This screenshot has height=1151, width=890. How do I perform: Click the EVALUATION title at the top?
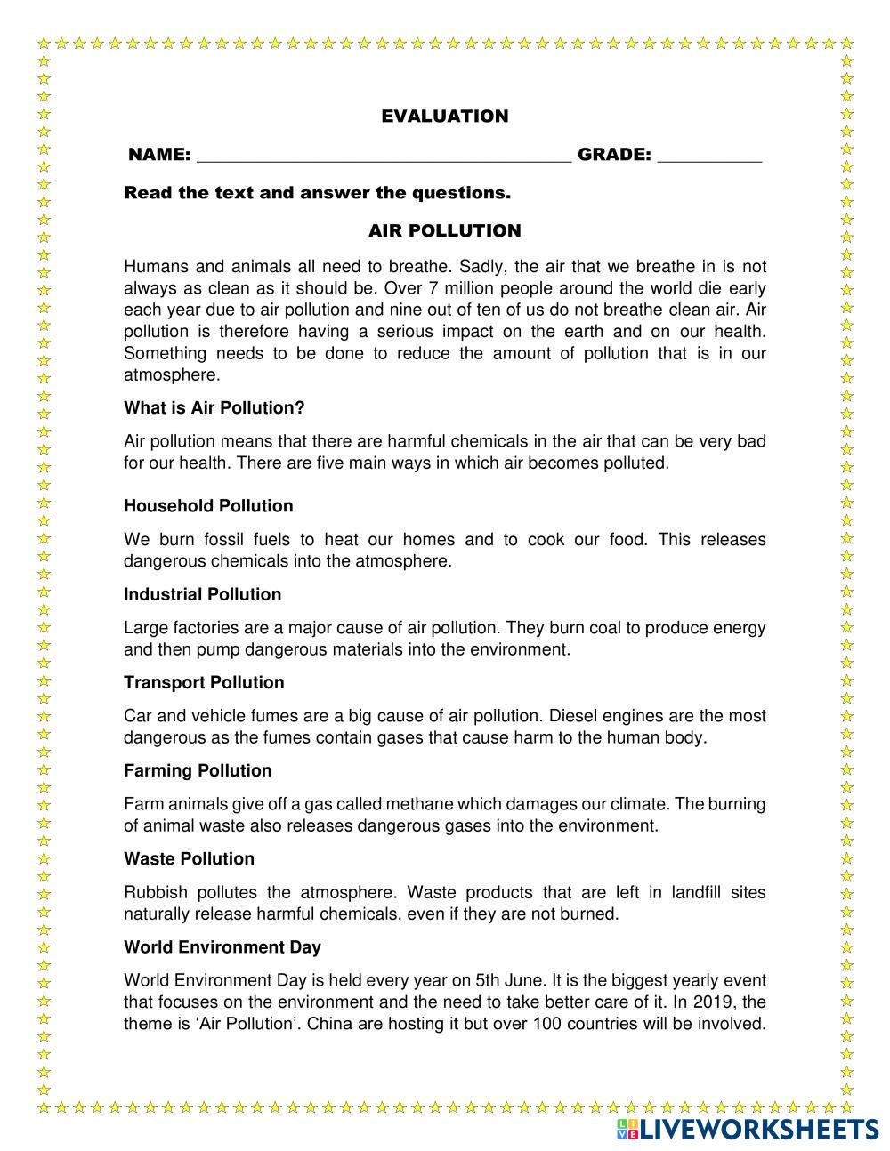pos(445,117)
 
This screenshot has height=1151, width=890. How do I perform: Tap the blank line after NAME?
pos(383,157)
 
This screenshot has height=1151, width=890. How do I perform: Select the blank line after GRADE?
pos(709,157)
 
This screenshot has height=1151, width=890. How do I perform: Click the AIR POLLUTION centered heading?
pos(445,231)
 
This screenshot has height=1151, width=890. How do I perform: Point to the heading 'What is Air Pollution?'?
pos(214,408)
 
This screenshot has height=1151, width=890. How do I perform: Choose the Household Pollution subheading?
pos(208,506)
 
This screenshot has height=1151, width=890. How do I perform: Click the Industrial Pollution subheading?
pos(202,594)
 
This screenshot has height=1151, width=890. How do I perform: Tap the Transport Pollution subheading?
pos(204,682)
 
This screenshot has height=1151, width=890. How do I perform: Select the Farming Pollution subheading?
pos(198,770)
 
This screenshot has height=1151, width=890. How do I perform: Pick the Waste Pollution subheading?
pos(189,858)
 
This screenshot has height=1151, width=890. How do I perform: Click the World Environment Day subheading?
pos(222,946)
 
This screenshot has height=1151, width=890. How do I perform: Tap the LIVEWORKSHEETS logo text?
pos(759,1129)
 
